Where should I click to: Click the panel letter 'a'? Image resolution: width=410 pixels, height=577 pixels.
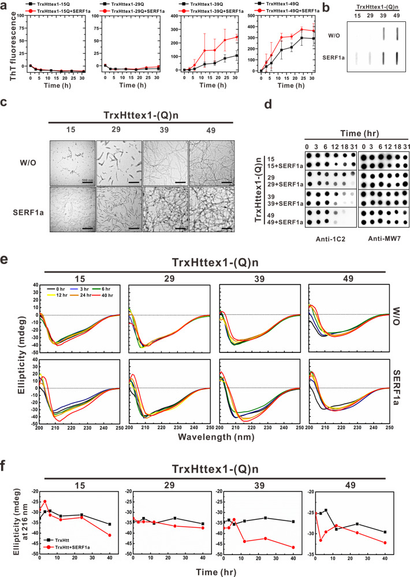tap(5, 5)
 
